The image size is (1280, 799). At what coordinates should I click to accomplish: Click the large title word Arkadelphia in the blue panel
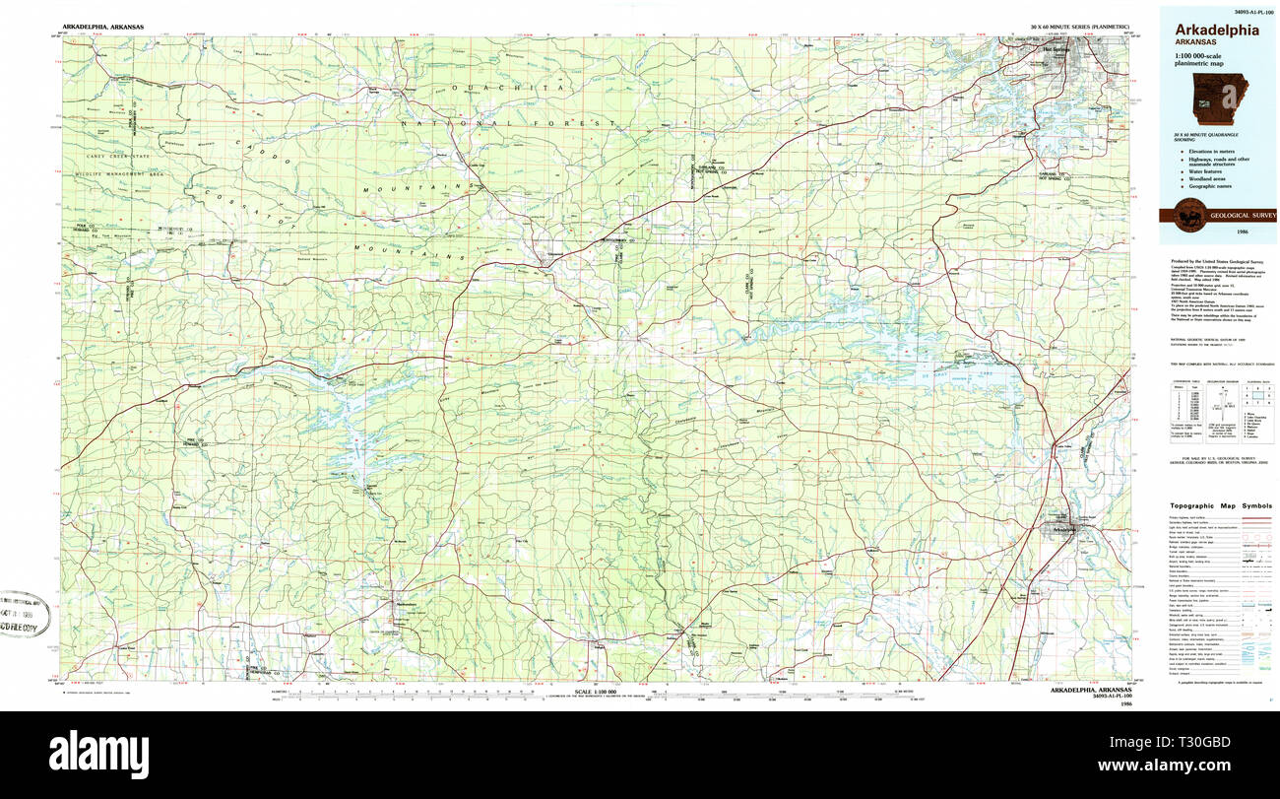point(1216,30)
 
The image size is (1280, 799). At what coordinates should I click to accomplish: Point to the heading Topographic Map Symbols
point(1216,504)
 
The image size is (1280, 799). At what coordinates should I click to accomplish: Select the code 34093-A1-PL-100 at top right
point(1246,9)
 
